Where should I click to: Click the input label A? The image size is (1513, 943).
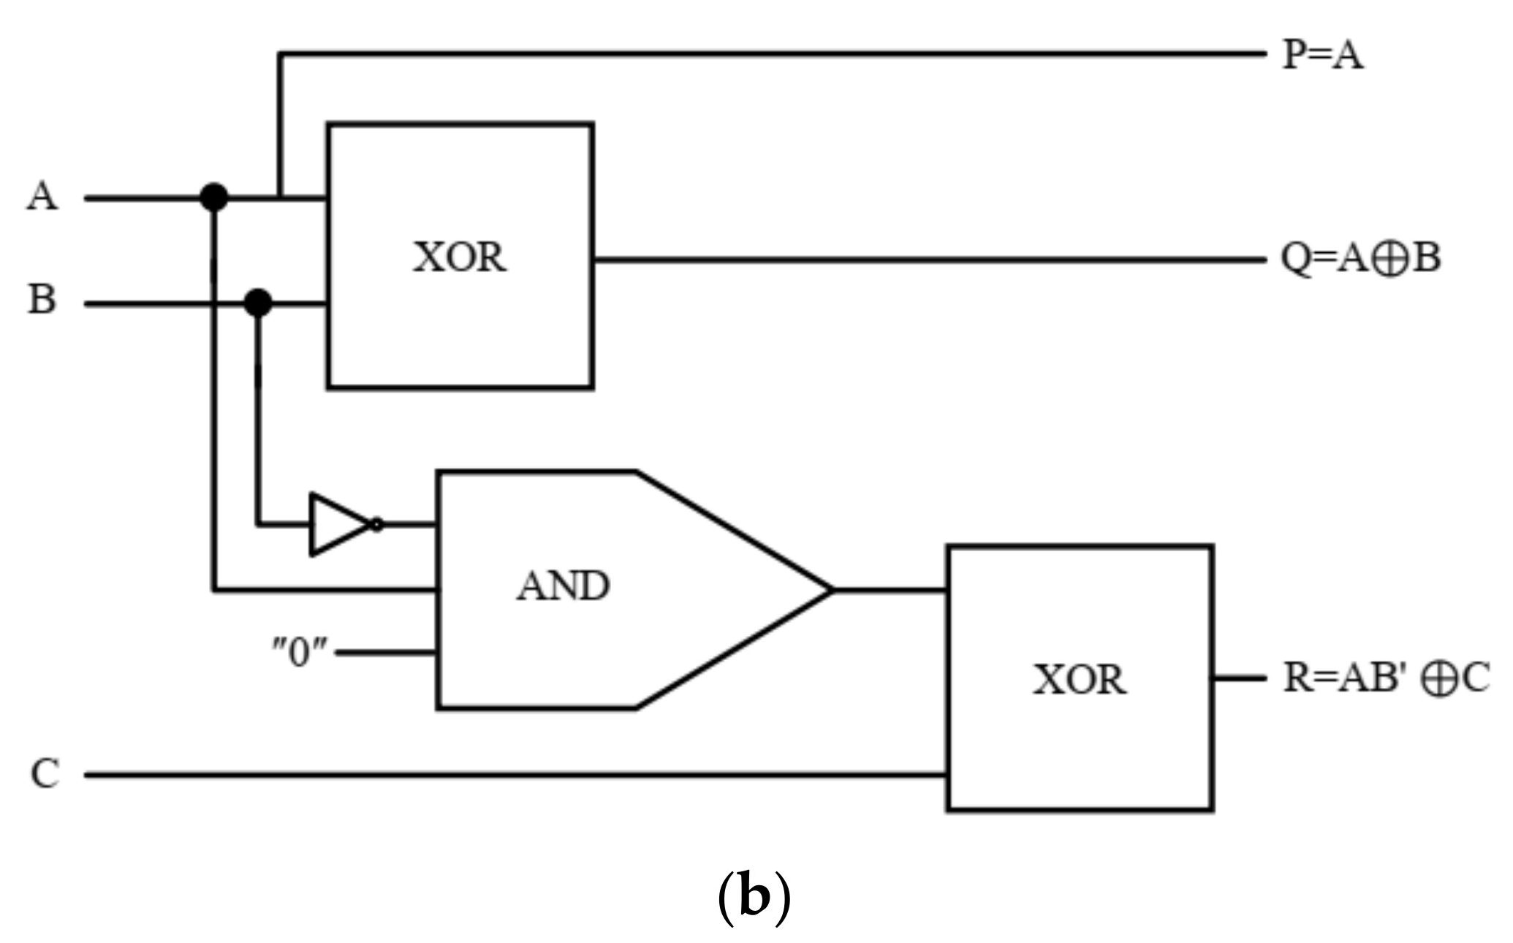[42, 197]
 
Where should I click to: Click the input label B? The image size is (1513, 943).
[42, 300]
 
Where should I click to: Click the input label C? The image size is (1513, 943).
[44, 774]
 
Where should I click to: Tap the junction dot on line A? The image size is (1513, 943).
[213, 197]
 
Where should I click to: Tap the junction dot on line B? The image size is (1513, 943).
[257, 303]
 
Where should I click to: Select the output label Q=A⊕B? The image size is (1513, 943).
[1360, 259]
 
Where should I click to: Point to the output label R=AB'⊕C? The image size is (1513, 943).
[1386, 678]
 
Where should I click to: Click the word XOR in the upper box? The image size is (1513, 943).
[459, 258]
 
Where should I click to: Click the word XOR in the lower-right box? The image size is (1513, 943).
[1079, 680]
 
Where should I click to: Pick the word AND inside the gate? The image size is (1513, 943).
[563, 586]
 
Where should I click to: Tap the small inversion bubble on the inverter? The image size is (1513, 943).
[376, 525]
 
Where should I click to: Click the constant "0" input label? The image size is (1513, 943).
[300, 651]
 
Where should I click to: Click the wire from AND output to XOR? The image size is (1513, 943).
[890, 590]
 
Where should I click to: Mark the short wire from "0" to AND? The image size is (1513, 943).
[386, 653]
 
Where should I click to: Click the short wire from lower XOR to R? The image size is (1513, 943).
[1239, 678]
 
